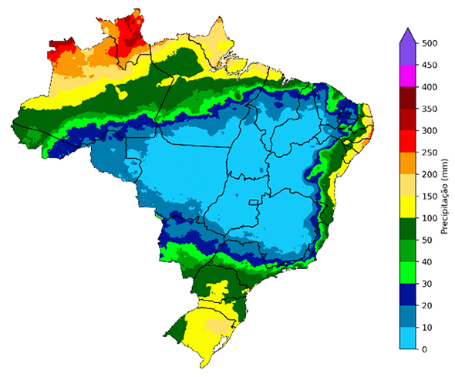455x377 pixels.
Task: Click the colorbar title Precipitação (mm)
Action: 445,197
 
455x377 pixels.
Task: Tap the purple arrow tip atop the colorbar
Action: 409,32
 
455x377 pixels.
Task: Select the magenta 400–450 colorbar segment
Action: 409,76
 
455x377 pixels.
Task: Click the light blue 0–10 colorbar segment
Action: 409,338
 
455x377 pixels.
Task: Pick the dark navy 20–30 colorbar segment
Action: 409,295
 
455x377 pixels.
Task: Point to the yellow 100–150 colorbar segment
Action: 409,207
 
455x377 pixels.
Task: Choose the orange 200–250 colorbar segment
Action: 409,163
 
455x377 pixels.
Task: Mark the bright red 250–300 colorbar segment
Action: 409,142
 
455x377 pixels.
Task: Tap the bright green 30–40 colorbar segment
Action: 409,273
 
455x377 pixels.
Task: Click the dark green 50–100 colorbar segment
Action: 409,229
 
